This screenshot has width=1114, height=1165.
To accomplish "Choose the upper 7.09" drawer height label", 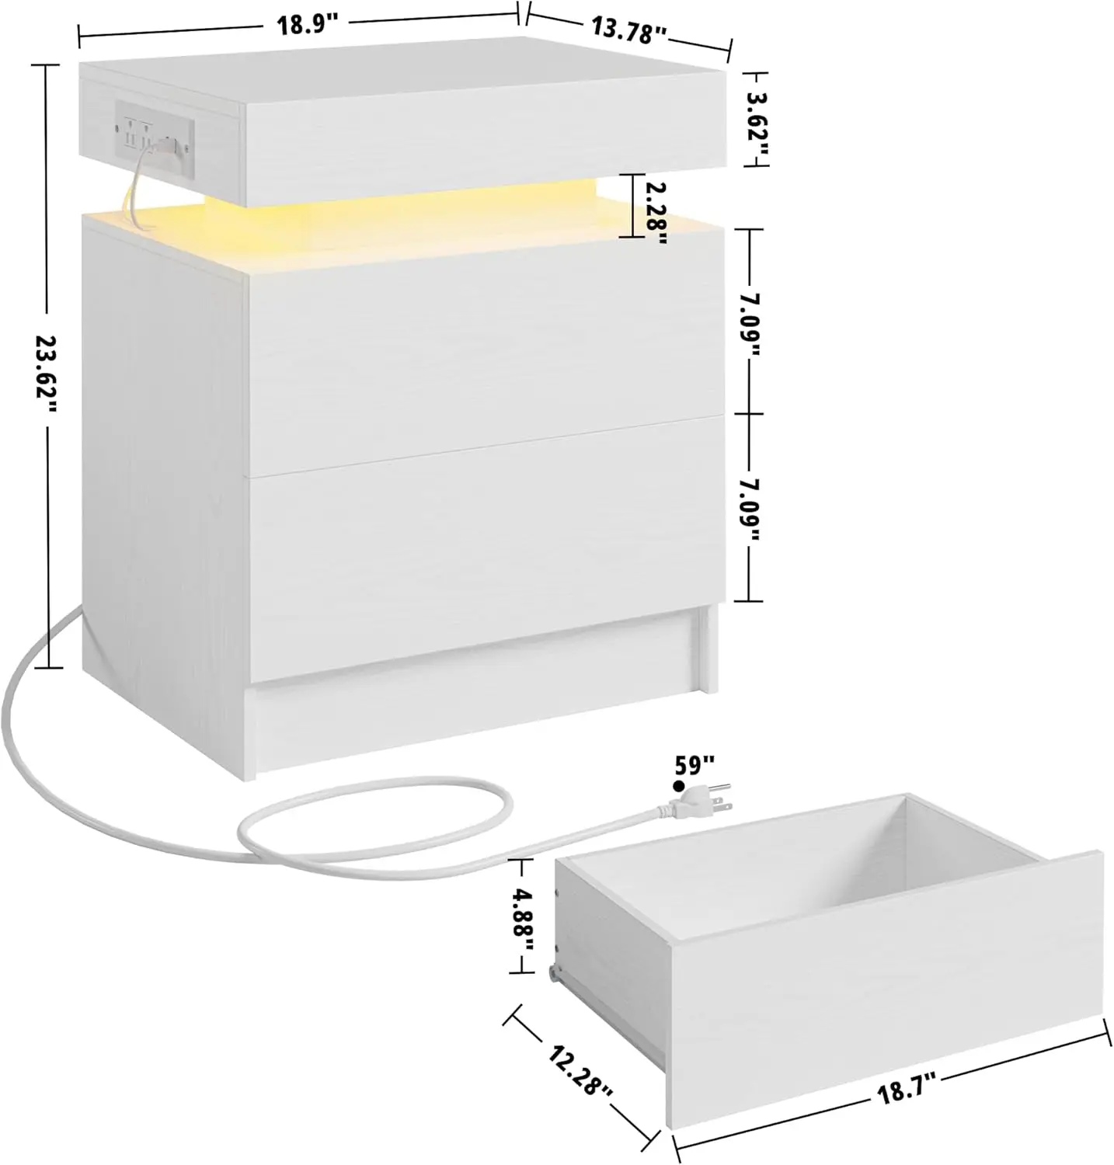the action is [750, 321].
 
